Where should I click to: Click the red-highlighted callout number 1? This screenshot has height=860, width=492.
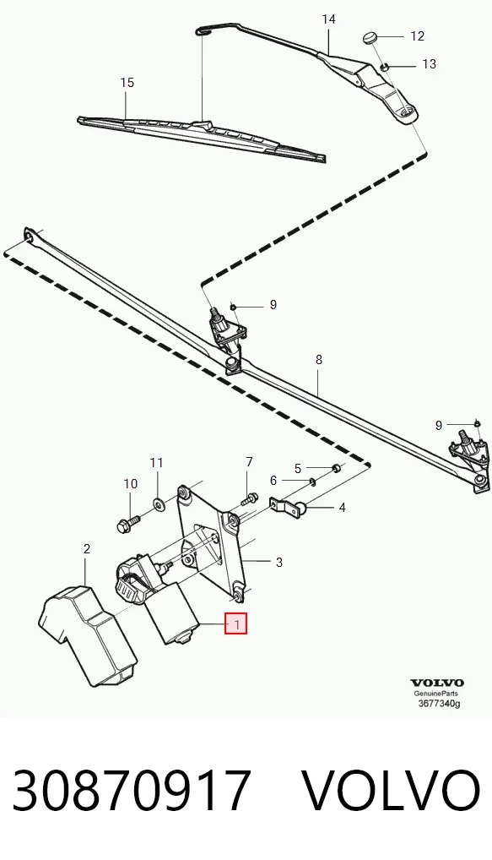(236, 623)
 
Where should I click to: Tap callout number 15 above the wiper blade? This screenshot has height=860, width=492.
(127, 83)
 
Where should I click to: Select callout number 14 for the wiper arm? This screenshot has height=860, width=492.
(328, 19)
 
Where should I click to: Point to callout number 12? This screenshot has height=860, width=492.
(418, 36)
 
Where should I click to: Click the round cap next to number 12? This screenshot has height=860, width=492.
(369, 38)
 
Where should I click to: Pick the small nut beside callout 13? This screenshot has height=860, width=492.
(385, 67)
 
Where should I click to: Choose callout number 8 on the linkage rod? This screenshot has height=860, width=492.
(319, 361)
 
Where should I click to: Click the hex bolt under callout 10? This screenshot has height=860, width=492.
(125, 525)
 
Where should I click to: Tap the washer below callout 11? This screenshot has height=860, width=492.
(158, 503)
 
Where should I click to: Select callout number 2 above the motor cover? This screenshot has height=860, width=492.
(87, 548)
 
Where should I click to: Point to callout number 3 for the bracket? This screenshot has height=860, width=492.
(278, 562)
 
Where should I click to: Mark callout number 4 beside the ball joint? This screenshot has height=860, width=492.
(343, 508)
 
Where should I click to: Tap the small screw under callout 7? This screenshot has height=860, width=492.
(248, 500)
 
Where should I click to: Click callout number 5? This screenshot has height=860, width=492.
(298, 468)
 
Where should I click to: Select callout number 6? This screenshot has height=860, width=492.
(273, 481)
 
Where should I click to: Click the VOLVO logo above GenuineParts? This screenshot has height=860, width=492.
(437, 683)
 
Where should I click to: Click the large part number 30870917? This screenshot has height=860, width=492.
(132, 791)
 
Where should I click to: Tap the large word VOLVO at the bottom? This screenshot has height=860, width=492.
(392, 791)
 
